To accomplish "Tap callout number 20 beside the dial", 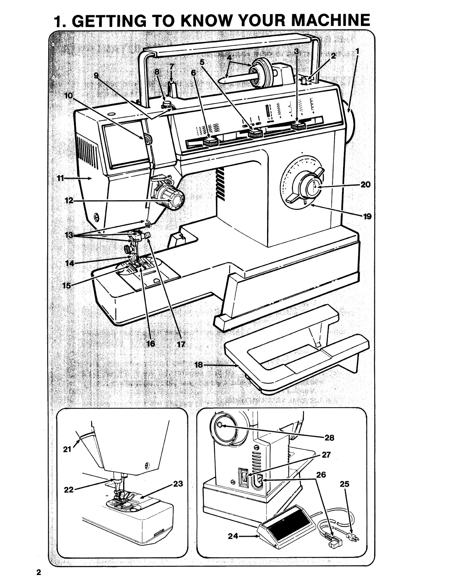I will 365,184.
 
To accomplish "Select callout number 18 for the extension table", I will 199,365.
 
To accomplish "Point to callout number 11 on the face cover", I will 60,178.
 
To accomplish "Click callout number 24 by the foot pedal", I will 233,536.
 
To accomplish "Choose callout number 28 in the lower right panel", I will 329,438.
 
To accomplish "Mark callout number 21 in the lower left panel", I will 67,450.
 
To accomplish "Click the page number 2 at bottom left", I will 38,571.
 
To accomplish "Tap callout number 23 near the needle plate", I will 178,484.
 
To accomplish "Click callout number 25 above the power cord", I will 345,484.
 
